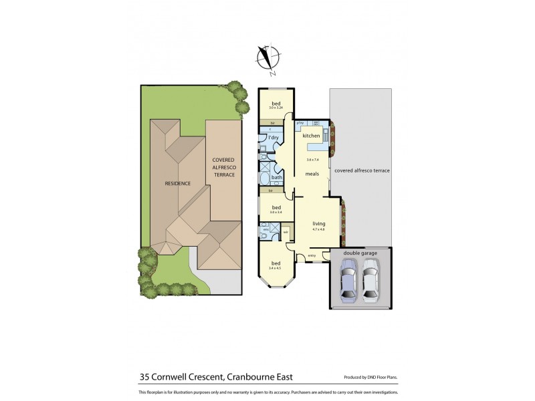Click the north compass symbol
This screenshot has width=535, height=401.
[269, 58]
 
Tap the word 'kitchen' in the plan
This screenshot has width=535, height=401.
[311, 136]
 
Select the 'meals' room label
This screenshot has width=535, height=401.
[312, 174]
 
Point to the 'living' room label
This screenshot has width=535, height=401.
[318, 225]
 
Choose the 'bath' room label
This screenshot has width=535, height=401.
[277, 177]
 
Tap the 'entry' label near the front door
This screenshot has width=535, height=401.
[312, 256]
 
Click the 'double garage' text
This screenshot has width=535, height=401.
[360, 253]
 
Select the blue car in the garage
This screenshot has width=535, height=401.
[348, 281]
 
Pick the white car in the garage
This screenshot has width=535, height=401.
[370, 281]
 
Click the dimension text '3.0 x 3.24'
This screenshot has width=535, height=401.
[276, 108]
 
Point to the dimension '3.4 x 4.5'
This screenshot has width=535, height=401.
[276, 268]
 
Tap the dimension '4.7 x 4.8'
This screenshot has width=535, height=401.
[318, 231]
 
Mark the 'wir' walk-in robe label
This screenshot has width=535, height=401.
[286, 233]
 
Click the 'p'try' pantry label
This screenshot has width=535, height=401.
[301, 123]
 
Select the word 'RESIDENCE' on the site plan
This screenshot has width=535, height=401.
[178, 183]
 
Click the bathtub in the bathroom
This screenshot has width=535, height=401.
[265, 178]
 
